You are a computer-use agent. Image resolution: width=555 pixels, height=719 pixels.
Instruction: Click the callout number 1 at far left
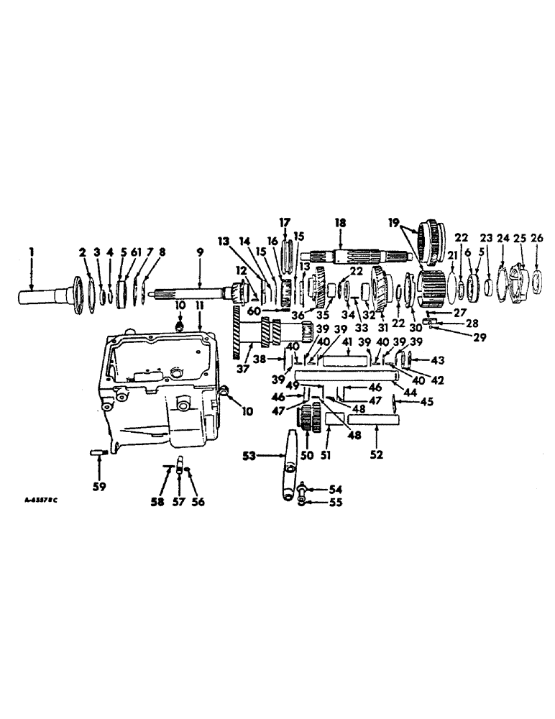[31, 253]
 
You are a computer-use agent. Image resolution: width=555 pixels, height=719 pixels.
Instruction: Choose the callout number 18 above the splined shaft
[338, 224]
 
